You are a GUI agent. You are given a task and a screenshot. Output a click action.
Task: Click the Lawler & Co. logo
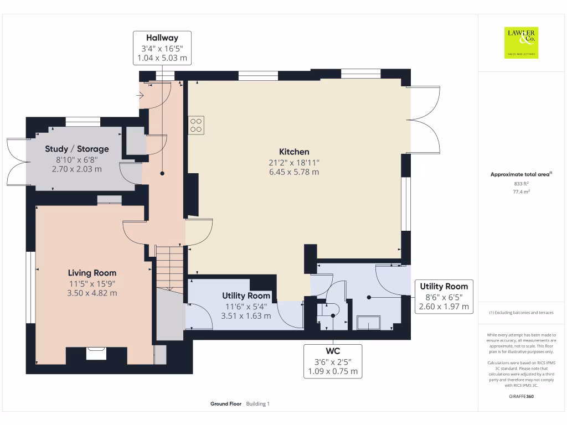pyautogui.click(x=521, y=43)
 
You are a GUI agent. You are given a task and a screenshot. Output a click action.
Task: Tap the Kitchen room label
pyautogui.click(x=294, y=152)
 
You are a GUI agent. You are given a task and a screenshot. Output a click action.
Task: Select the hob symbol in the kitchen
pyautogui.click(x=196, y=126)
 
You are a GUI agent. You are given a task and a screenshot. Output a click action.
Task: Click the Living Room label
pyautogui.click(x=92, y=273)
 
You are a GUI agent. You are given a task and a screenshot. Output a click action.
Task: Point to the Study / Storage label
pyautogui.click(x=76, y=149)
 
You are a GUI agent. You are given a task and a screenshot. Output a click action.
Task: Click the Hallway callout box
pyautogui.click(x=162, y=48)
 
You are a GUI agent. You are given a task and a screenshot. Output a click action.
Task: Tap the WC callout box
pyautogui.click(x=333, y=361)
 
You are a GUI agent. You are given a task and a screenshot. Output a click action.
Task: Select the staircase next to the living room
pyautogui.click(x=169, y=268)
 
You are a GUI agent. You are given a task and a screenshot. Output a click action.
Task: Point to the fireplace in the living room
pyautogui.click(x=96, y=353)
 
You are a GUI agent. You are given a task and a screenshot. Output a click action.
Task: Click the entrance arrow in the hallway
pyautogui.click(x=140, y=95)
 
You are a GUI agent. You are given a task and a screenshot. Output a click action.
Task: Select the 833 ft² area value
pyautogui.click(x=521, y=184)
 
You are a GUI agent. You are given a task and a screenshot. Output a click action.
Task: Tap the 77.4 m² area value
pyautogui.click(x=521, y=191)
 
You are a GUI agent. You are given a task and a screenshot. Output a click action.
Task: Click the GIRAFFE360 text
pyautogui.click(x=521, y=396)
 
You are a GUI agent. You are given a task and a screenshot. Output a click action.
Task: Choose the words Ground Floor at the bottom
pyautogui.click(x=226, y=403)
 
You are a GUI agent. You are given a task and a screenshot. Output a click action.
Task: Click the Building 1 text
pyautogui.click(x=258, y=403)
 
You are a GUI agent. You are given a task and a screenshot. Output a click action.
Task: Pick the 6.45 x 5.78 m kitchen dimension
pyautogui.click(x=294, y=172)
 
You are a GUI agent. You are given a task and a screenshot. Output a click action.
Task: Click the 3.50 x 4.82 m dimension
pyautogui.click(x=92, y=293)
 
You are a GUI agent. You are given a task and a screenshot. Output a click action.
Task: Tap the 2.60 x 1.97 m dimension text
pyautogui.click(x=444, y=307)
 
